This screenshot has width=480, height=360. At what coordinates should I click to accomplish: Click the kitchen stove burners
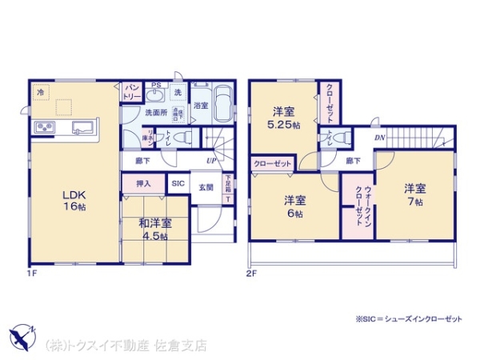pos(43,127)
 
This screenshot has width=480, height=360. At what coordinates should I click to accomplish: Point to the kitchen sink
pos(83,127)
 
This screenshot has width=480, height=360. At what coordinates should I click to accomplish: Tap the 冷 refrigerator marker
pos(39,92)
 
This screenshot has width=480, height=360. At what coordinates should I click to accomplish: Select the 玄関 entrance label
pos(206,188)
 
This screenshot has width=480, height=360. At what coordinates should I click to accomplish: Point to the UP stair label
pos(210,160)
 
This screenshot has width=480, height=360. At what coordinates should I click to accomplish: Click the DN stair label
pos(379,138)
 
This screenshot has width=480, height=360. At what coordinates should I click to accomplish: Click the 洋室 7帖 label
pos(414,194)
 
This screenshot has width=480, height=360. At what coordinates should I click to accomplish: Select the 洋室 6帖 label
pos(294,206)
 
